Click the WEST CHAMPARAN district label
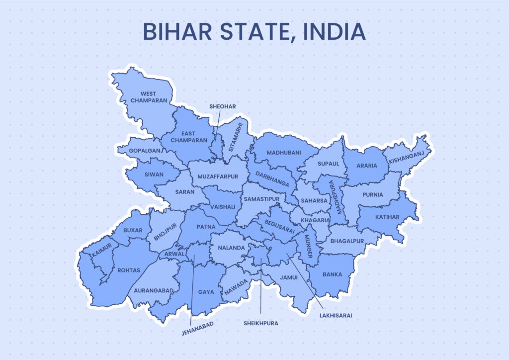point(148,97)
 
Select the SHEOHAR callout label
point(222,106)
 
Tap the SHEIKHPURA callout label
point(261,323)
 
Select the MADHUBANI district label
point(283,153)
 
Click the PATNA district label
point(206,227)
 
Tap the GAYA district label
point(206,292)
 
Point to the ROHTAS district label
point(129,270)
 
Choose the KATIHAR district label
point(387,217)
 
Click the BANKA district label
point(332,274)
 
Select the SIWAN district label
point(153,175)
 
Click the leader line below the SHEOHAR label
point(217,124)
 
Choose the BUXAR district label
point(133,230)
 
